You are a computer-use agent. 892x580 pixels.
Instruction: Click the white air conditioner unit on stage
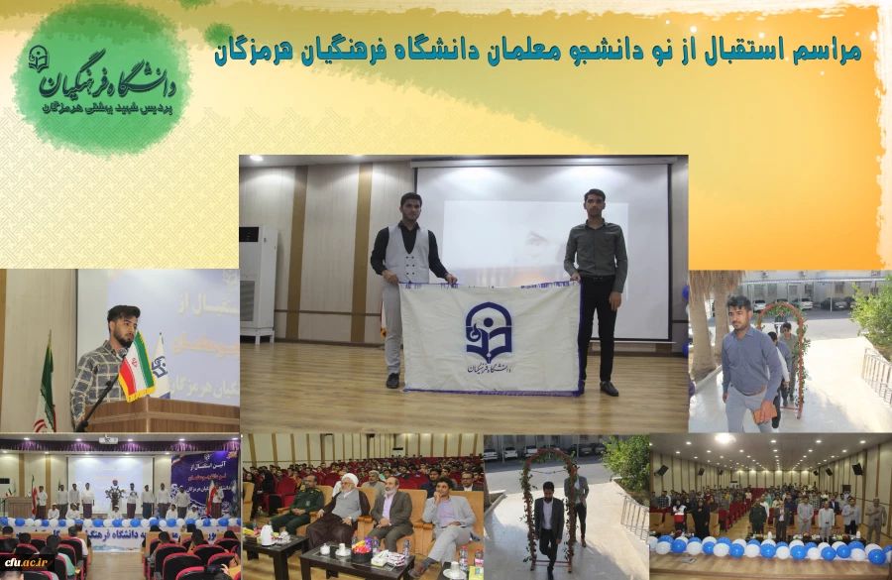click(258, 283)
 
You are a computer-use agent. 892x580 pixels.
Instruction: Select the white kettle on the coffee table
click(268, 535)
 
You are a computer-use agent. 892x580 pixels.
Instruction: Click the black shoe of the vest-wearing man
click(393, 381)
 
